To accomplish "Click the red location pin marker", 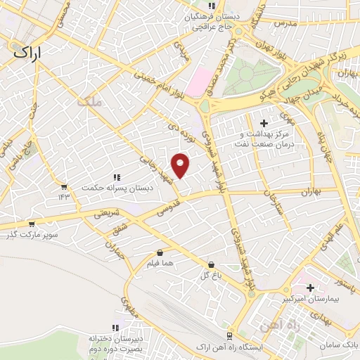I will coord(181,165).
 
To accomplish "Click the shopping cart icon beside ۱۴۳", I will coord(64,187).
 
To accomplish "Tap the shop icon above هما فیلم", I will coord(160,252).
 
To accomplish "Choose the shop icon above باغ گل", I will coord(210,265).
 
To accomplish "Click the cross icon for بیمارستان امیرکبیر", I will coord(310,288).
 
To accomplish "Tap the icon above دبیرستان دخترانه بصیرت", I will coord(116,328).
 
